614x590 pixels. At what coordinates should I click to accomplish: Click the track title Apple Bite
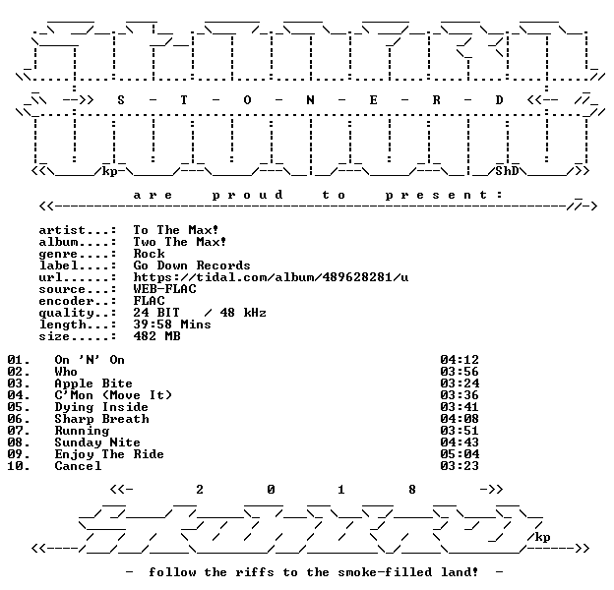coord(93,383)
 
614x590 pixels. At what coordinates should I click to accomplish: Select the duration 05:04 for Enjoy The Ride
coord(460,454)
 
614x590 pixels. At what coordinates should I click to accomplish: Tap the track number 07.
coord(19,431)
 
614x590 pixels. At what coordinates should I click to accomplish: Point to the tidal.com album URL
coord(271,277)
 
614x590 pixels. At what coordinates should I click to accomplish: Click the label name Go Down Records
coord(192,265)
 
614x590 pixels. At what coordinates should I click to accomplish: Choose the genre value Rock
coord(150,254)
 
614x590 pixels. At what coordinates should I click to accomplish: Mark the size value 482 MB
coord(157,336)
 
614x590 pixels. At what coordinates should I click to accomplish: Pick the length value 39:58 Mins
coord(172,324)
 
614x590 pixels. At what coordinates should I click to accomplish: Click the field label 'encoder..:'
coord(78,301)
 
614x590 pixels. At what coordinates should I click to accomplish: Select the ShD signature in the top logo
coord(507,171)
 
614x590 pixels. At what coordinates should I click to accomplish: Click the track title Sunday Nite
coord(97,442)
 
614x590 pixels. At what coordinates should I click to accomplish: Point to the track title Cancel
coord(78,466)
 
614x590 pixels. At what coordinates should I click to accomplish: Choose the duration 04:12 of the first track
coord(460,360)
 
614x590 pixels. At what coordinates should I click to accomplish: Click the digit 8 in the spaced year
coord(412,490)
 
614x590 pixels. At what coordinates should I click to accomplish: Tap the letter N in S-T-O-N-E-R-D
coord(310,100)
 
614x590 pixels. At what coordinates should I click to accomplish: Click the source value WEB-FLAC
coord(165,289)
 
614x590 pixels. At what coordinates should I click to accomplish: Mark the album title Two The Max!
coord(180,242)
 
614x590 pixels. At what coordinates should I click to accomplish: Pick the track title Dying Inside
coord(101,407)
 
